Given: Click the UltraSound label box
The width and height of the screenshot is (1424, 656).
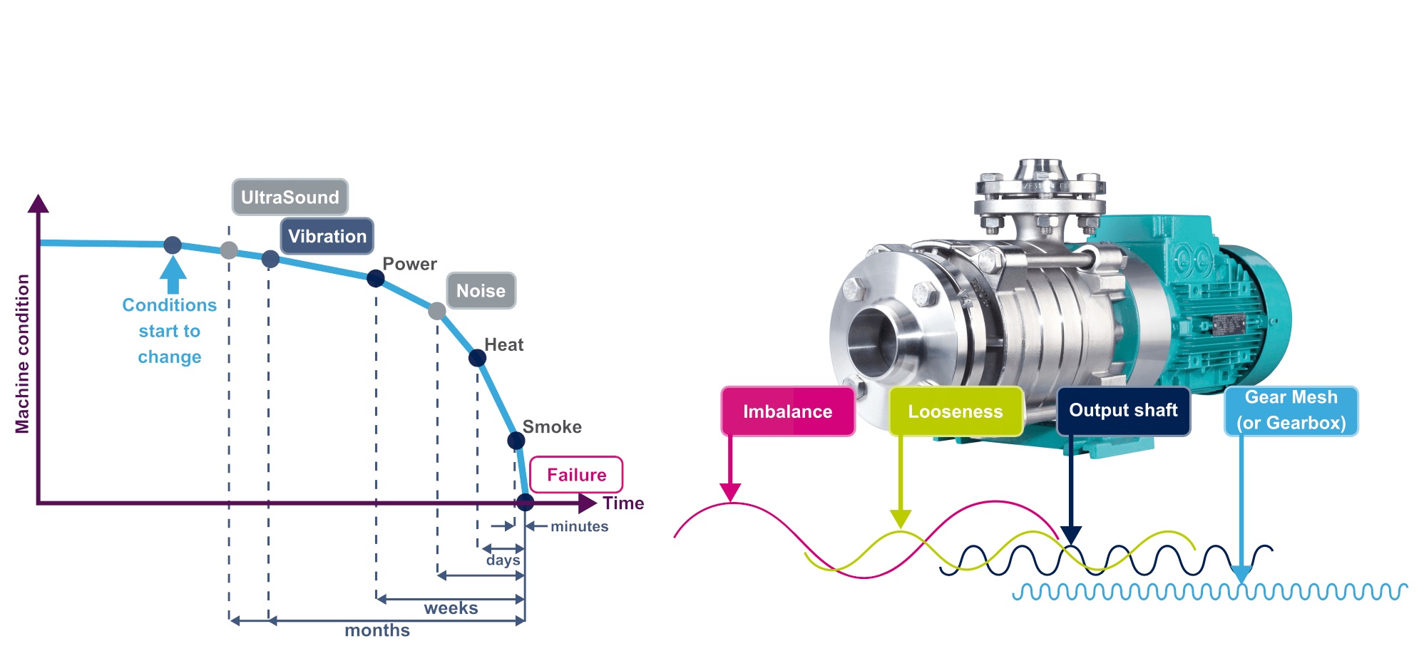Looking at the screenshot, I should pyautogui.click(x=290, y=198).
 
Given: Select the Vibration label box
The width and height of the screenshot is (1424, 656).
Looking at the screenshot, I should pyautogui.click(x=327, y=237).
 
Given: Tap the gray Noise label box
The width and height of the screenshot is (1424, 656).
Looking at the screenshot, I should pyautogui.click(x=481, y=291).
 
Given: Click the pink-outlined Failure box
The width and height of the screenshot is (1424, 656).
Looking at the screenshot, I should pyautogui.click(x=576, y=475).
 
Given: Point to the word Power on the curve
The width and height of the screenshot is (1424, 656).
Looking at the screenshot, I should pyautogui.click(x=409, y=265).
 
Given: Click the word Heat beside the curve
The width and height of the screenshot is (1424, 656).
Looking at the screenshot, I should pyautogui.click(x=503, y=345).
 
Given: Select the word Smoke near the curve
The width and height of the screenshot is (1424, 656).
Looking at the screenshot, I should pyautogui.click(x=552, y=427).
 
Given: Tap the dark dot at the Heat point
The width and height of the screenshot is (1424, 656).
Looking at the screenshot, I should pyautogui.click(x=477, y=358).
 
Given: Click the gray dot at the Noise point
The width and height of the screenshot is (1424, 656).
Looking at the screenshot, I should pyautogui.click(x=437, y=311).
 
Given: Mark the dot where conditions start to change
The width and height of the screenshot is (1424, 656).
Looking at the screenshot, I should pyautogui.click(x=173, y=245).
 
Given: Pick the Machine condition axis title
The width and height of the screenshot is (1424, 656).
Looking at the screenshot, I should pyautogui.click(x=23, y=354).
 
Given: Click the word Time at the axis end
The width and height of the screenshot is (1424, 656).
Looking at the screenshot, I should pyautogui.click(x=623, y=503).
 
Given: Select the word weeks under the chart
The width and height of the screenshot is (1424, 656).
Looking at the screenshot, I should pyautogui.click(x=451, y=608).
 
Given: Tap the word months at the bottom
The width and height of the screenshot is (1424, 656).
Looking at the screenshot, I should pyautogui.click(x=377, y=630).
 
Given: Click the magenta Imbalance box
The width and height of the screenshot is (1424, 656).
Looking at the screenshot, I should pyautogui.click(x=787, y=411).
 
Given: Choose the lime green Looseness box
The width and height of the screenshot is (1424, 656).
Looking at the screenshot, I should pyautogui.click(x=955, y=411).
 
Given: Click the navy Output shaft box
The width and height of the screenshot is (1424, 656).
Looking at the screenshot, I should pyautogui.click(x=1122, y=411).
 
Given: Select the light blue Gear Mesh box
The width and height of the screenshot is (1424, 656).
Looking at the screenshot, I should pyautogui.click(x=1291, y=411).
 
